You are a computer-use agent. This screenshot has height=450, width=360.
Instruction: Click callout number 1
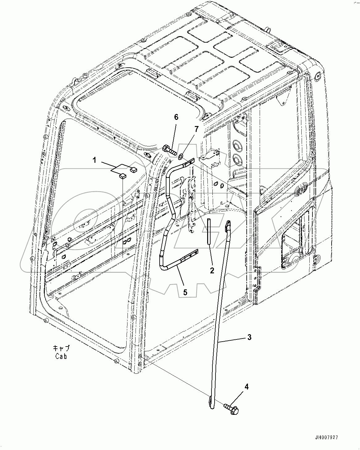pos(95,160)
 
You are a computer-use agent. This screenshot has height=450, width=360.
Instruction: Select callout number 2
pos(212,271)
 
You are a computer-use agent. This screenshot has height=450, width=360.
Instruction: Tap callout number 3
pos(249,337)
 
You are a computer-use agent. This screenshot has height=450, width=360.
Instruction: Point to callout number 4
pos(246,386)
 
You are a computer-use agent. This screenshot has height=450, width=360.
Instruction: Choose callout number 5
pos(185,292)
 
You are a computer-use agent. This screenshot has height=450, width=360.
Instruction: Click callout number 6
pos(176,117)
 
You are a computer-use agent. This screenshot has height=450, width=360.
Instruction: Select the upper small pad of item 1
pos(134,169)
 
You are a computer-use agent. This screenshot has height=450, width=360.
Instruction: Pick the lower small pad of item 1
pos(123,176)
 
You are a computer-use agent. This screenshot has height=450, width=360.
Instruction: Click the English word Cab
pos(61,356)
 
